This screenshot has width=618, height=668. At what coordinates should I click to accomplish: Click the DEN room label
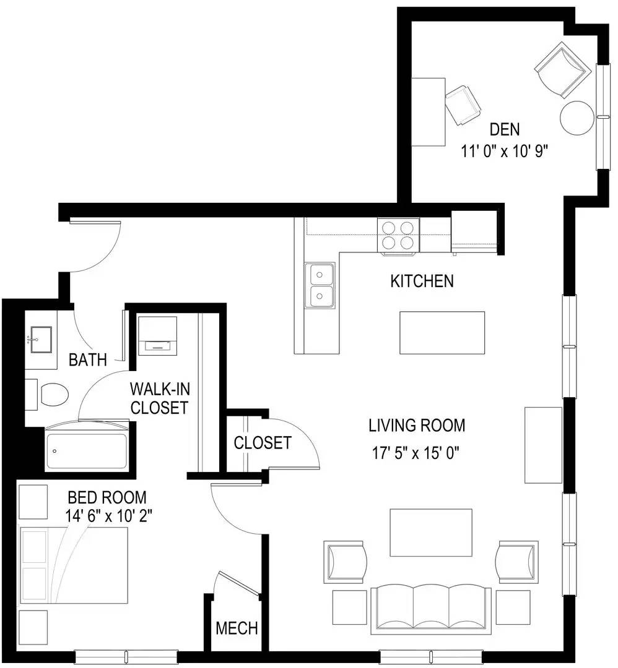504,129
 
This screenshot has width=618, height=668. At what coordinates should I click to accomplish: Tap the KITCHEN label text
422,281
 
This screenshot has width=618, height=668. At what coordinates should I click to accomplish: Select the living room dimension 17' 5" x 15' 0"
416,453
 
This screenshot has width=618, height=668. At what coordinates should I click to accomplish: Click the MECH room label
237,628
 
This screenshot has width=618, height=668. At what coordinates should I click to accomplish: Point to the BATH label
87,360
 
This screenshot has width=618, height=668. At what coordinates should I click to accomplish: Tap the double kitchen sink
320,285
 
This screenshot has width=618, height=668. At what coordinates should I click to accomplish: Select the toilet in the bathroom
48,395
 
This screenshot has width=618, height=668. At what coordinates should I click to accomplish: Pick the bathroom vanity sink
41,340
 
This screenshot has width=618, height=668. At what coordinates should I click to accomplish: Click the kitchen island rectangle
442,332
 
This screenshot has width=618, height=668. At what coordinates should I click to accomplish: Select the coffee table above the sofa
431,533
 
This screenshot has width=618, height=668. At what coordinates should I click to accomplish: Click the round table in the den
577,118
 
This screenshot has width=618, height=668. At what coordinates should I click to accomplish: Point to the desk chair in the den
463,105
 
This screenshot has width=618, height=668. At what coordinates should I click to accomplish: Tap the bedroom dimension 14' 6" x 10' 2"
108,516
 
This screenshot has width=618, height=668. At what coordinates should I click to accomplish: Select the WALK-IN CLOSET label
160,398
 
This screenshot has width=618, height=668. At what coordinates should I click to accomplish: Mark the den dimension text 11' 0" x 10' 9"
504,152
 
